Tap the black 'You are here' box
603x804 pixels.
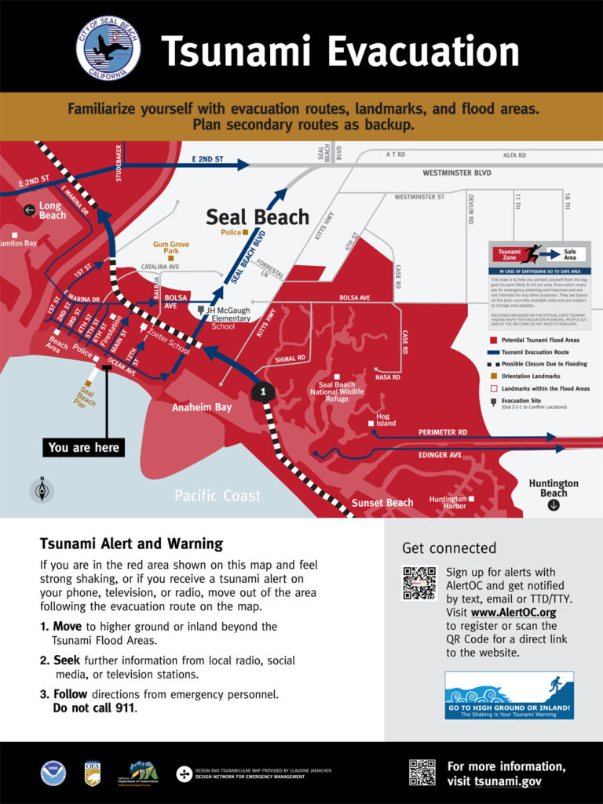click(x=84, y=447)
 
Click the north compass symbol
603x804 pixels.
click(x=42, y=490)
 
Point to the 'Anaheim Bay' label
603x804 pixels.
click(x=202, y=407)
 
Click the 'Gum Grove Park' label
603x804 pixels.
click(x=171, y=248)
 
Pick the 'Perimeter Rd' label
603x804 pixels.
click(x=442, y=432)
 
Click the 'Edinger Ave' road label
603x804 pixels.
click(x=440, y=455)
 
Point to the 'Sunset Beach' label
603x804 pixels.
click(x=382, y=502)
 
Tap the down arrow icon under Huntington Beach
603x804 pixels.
click(x=554, y=505)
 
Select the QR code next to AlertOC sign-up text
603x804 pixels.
click(x=418, y=583)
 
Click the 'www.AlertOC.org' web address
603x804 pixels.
click(x=513, y=613)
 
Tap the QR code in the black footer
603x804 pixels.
click(x=422, y=772)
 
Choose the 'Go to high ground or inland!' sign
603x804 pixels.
click(x=509, y=696)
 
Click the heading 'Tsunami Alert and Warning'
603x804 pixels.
click(x=131, y=544)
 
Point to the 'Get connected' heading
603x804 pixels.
click(x=449, y=548)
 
